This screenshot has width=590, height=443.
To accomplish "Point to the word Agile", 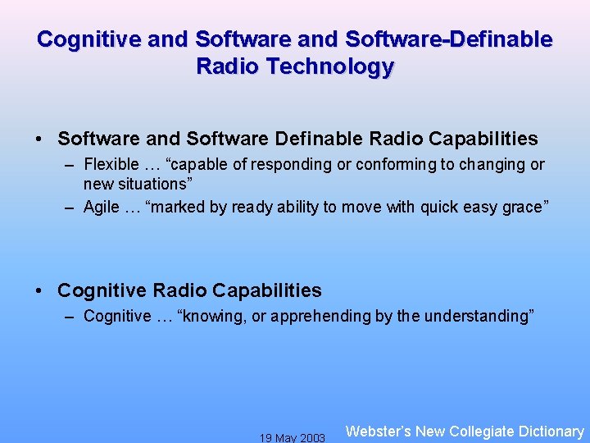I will click(x=102, y=207).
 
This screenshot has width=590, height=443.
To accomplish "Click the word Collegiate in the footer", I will click(x=483, y=431).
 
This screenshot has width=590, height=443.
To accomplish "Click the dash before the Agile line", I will click(x=71, y=207).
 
